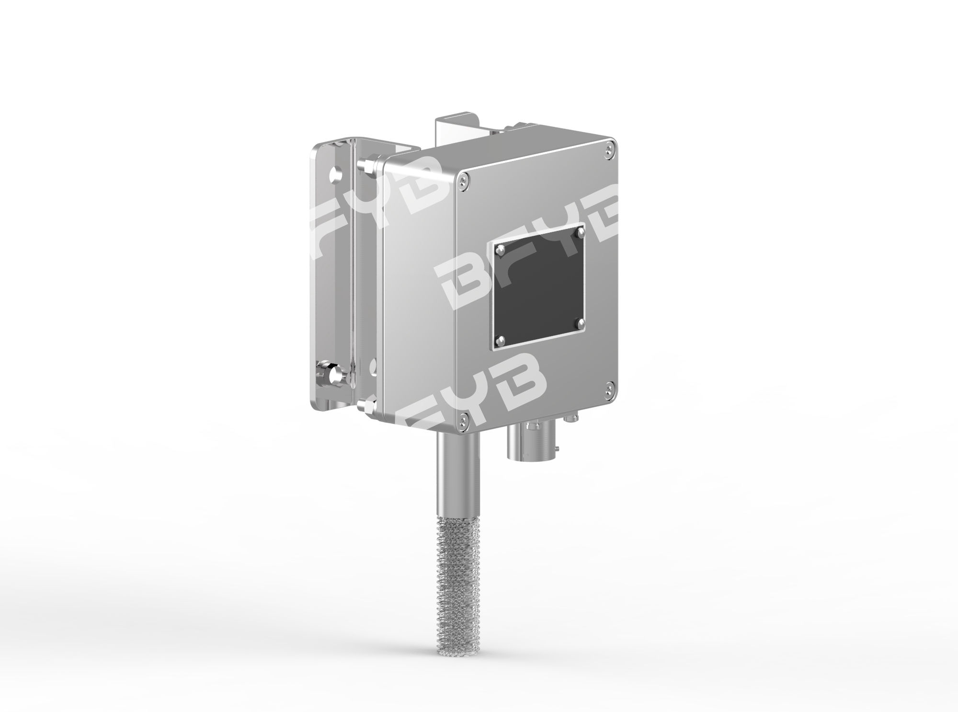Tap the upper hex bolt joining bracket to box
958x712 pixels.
(365, 165)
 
